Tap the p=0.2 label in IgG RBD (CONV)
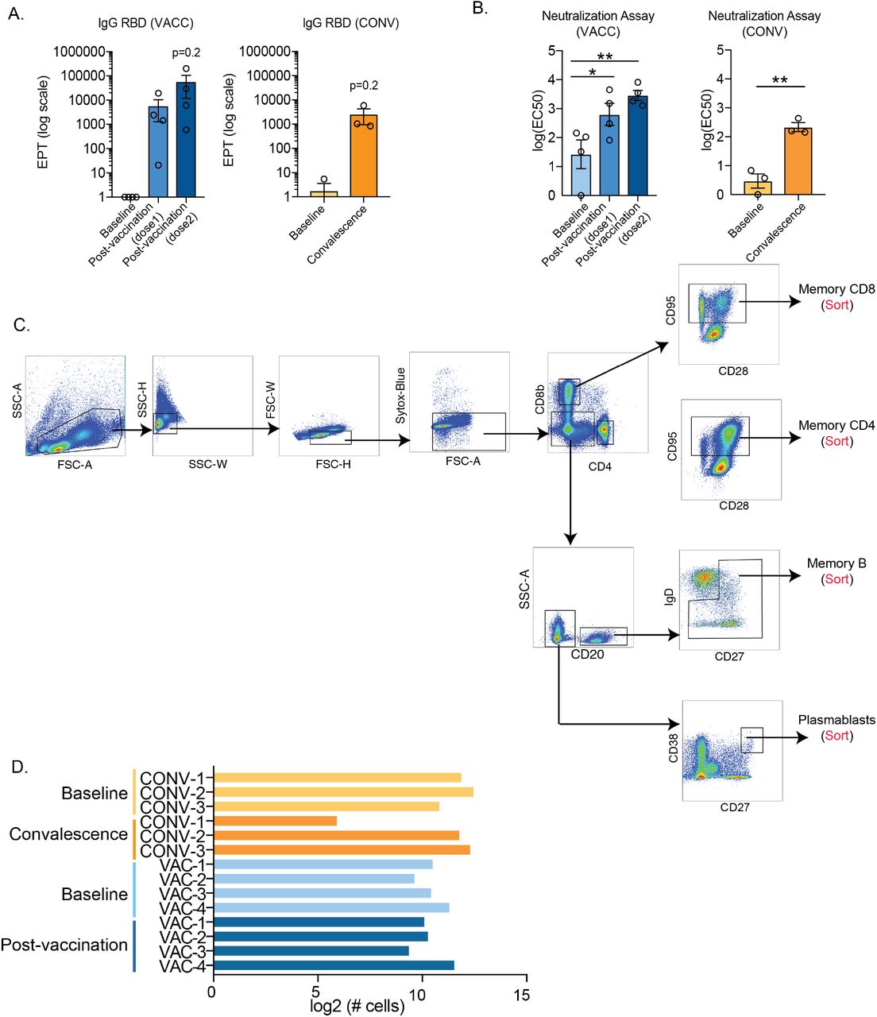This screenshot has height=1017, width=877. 363,86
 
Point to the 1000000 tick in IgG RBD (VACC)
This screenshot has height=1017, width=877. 79,52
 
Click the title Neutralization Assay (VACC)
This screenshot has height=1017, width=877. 597,24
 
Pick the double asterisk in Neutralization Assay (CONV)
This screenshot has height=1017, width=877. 779,81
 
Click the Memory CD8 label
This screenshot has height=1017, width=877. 836,289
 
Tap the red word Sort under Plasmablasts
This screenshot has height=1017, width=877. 836,736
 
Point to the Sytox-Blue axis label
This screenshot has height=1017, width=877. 400,395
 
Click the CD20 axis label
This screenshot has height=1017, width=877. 587,655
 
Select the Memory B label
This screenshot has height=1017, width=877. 836,563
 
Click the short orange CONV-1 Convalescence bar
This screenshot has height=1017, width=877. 275,821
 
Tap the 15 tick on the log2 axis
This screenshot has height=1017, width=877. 521,994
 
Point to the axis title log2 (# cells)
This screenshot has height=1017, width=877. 357,1006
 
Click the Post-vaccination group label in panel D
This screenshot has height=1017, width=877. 64,945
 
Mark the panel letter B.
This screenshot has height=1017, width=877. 479,10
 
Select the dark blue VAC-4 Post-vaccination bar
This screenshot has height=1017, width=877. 334,965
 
